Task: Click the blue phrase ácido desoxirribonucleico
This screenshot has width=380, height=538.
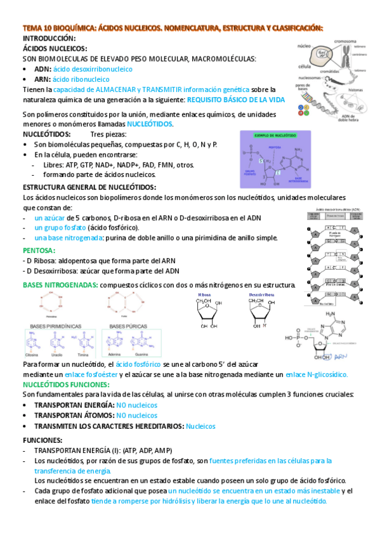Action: (x=93, y=69)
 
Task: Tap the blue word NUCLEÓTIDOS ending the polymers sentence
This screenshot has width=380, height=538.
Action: (x=150, y=124)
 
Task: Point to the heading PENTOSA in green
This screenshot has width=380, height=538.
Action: (x=39, y=251)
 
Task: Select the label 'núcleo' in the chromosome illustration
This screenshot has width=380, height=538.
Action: (x=304, y=46)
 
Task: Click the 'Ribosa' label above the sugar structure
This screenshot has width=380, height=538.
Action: (x=205, y=296)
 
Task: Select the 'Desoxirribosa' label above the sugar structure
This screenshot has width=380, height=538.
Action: (x=256, y=296)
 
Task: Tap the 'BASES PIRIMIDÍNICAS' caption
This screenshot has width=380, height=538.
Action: (x=53, y=326)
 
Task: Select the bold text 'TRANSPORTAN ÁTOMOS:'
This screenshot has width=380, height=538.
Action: (x=74, y=416)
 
